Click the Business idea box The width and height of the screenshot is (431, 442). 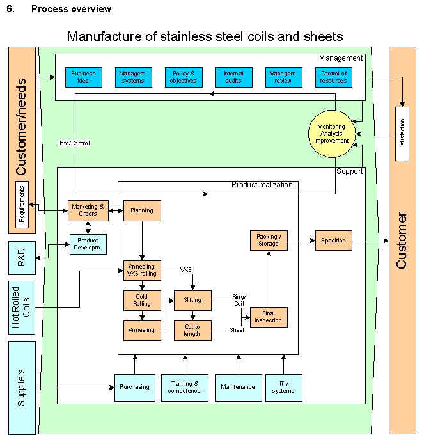coord(83,77)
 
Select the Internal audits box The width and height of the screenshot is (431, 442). coord(233,77)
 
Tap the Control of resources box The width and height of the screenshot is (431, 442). coord(334,77)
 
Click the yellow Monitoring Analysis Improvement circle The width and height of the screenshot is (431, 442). coord(331,134)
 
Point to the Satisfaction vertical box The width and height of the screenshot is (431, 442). coord(402,134)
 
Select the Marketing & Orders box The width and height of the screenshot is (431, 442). coord(88,210)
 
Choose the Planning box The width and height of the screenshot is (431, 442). coord(142,210)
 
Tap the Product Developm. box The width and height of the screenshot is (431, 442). coord(88,244)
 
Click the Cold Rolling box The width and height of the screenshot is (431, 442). coord(142,301)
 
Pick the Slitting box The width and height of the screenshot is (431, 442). coord(192,301)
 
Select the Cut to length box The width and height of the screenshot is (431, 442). coord(192,330)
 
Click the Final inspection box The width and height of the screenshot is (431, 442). coord(269,317)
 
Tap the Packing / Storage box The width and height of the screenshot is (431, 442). coord(269,241)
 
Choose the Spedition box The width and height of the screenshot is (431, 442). coord(333,241)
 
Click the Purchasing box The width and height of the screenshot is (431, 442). coord(134,387)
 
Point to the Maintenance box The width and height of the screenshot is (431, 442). coord(238,387)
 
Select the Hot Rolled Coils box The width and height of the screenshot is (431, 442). coord(22,308)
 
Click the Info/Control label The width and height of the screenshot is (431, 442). coord(75,143)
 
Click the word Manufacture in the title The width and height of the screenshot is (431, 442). coord(104,36)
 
